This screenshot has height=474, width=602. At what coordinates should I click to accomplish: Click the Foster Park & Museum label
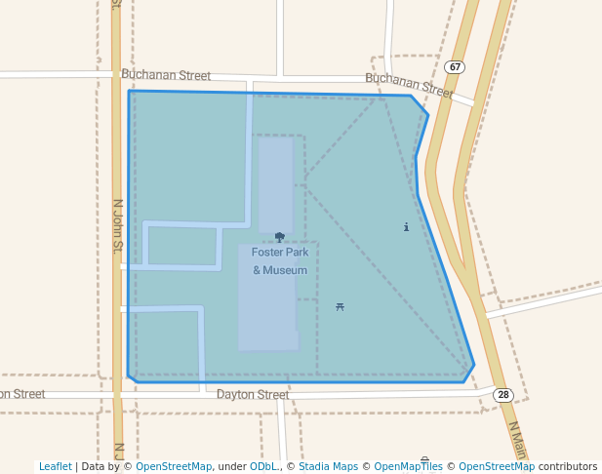coord(280,261)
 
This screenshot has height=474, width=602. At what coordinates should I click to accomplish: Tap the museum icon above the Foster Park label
coord(280,237)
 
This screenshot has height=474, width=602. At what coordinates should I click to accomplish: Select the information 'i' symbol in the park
coord(406,227)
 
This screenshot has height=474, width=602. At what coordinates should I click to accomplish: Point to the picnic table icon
coord(340,307)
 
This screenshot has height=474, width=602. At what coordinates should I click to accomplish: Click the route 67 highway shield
coord(455,67)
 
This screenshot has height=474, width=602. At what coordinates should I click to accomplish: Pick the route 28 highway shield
coord(502,395)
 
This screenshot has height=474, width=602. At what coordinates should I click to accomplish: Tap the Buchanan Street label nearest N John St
coord(166,75)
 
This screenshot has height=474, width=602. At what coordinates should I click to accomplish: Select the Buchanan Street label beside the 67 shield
coord(409,85)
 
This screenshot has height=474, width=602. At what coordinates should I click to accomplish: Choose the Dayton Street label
coord(253,395)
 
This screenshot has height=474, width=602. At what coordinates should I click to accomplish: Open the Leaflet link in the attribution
coord(56,467)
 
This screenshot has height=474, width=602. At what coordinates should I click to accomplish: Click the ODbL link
coord(263,467)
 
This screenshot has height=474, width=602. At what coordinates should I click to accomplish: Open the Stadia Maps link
coord(328,467)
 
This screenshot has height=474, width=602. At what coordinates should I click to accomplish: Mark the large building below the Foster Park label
coord(267,312)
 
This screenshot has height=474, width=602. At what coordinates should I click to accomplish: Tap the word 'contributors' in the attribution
coord(568,467)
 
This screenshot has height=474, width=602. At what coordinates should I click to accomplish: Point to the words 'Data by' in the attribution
coord(102,467)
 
